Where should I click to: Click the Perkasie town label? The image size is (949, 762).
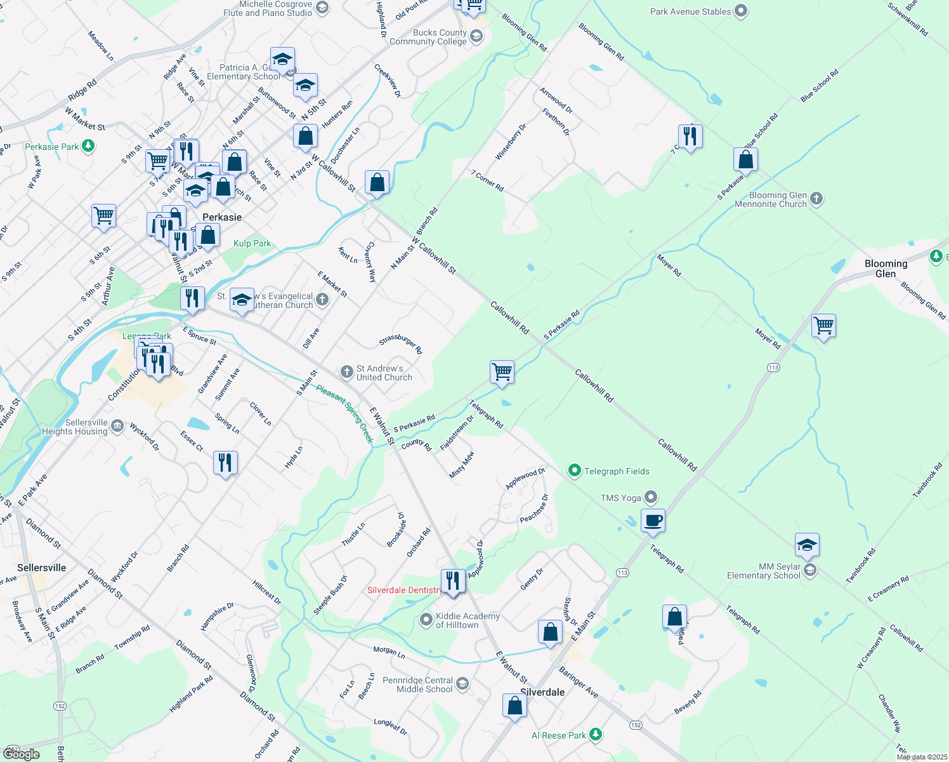221,217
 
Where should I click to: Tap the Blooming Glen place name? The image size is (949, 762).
886,269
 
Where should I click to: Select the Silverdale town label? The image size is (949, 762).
542,692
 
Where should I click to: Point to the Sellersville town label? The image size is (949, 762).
42,568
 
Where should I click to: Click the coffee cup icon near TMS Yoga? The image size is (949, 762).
653,521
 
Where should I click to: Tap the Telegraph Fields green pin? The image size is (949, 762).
575,471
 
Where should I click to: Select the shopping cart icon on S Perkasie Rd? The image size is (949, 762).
502,372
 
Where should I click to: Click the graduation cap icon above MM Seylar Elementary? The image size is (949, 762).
806,545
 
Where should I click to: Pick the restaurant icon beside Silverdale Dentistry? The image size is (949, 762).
452,581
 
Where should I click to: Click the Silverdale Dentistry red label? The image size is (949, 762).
405,590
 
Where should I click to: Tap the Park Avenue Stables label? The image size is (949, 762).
690,11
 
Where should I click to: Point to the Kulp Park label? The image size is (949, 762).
252,243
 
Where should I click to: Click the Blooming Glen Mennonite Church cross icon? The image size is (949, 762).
816,199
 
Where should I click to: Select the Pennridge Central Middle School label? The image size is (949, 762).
417,685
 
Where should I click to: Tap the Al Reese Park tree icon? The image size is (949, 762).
595,735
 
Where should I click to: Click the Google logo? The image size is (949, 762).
22,754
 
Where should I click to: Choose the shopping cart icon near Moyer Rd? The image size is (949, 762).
823,326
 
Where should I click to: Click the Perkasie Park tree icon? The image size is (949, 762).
88,147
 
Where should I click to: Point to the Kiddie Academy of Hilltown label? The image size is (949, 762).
467,620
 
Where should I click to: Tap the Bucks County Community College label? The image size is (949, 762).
428,37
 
